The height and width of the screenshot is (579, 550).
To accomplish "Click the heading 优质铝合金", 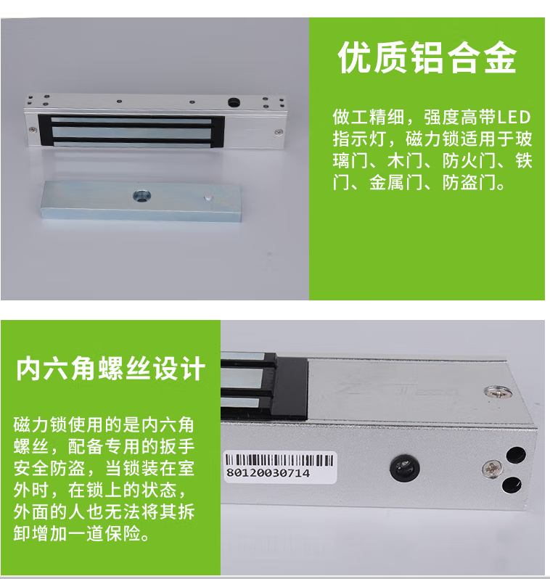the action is pyautogui.click(x=427, y=58).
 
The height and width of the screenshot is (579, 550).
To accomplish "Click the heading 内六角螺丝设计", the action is pyautogui.click(x=110, y=368).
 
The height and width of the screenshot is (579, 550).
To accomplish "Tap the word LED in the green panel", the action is pyautogui.click(x=514, y=118).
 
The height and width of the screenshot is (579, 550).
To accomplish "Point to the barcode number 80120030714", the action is pyautogui.click(x=268, y=473).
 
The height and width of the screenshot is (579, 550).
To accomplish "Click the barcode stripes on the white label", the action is pyautogui.click(x=279, y=461).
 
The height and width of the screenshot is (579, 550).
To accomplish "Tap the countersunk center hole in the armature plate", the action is pyautogui.click(x=141, y=195).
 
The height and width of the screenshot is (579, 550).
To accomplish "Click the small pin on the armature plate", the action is pyautogui.click(x=208, y=197).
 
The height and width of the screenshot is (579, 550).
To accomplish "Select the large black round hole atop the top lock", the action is pyautogui.click(x=234, y=102).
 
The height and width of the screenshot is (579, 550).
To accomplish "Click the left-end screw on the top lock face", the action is pyautogui.click(x=33, y=129).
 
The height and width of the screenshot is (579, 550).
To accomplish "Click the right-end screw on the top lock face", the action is pyautogui.click(x=279, y=132).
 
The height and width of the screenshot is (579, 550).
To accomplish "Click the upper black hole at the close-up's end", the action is pyautogui.click(x=516, y=456).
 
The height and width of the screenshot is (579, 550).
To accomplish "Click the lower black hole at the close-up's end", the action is pyautogui.click(x=512, y=485).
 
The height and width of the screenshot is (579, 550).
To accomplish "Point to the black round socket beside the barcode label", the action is pyautogui.click(x=405, y=468).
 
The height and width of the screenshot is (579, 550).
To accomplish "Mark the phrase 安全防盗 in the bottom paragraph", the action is pyautogui.click(x=50, y=468).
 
